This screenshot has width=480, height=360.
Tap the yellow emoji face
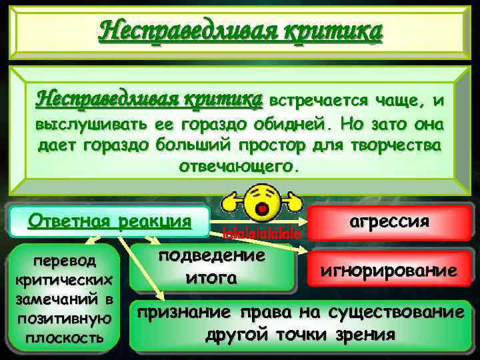pyautogui.click(x=263, y=202)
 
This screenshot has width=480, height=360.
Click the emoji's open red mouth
pyautogui.click(x=263, y=210)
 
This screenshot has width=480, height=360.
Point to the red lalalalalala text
pyautogui.click(x=263, y=234)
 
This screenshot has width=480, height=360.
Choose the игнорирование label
pyautogui.click(x=389, y=270)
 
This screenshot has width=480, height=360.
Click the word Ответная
pyautogui.click(x=68, y=220)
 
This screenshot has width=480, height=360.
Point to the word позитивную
pyautogui.click(x=64, y=321)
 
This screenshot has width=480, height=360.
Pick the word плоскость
pyautogui.click(x=64, y=337)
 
